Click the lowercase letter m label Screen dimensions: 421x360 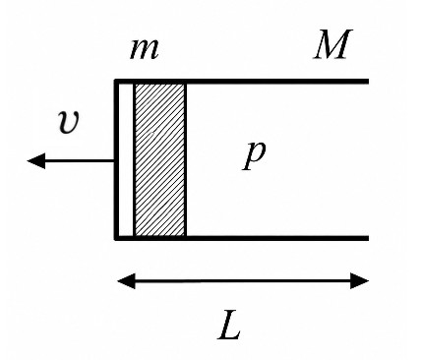click(x=145, y=49)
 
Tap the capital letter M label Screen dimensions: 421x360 click(x=332, y=44)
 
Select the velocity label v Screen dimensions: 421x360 click(x=69, y=122)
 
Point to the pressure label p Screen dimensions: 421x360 click(x=254, y=155)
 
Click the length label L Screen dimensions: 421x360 click(x=229, y=329)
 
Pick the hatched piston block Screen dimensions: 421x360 click(x=160, y=159)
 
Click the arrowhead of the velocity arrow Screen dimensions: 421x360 click(x=36, y=160)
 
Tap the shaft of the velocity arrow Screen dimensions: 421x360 click(x=80, y=160)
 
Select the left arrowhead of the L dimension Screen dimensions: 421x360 click(x=127, y=281)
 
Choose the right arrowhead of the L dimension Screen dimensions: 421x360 click(x=360, y=281)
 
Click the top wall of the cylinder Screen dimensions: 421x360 click(x=242, y=82)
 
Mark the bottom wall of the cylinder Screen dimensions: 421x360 click(x=242, y=238)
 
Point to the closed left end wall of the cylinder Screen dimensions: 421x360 click(x=116, y=159)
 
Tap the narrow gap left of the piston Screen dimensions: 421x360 click(x=126, y=159)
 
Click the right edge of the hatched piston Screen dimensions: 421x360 click(x=186, y=159)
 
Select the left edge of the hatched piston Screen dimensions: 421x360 click(x=135, y=159)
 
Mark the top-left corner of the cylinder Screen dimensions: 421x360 click(x=116, y=82)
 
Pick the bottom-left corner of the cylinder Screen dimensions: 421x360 click(x=116, y=238)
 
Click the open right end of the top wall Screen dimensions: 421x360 click(x=369, y=82)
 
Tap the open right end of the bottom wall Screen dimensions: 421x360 click(x=369, y=238)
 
